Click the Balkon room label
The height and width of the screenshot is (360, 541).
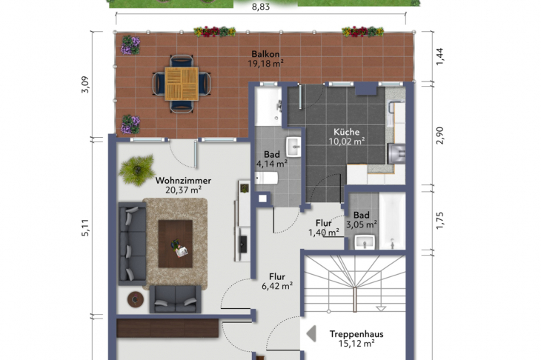click(265, 54)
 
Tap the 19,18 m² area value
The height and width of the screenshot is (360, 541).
click(265, 64)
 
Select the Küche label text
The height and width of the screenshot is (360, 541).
click(346, 132)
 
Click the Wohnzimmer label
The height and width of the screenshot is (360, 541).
click(183, 180)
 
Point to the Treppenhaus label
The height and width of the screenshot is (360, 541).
click(356, 334)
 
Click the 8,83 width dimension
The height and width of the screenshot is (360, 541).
click(261, 7)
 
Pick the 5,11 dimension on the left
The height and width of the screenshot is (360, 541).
click(85, 227)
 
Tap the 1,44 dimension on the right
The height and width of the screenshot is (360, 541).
click(440, 56)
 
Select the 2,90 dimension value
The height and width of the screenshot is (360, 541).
click(440, 136)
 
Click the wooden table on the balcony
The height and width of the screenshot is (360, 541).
click(182, 84)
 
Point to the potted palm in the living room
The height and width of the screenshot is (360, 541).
click(137, 170)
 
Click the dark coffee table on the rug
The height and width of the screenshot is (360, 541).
click(176, 244)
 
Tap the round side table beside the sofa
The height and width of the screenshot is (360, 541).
click(136, 299)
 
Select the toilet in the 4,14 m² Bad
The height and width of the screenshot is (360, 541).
click(266, 178)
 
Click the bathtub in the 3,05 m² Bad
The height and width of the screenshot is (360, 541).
click(392, 221)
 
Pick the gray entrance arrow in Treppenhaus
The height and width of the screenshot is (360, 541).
click(311, 333)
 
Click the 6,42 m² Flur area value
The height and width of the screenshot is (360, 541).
click(277, 286)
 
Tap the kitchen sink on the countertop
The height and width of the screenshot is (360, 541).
click(396, 153)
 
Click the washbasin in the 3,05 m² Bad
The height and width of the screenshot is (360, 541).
click(365, 241)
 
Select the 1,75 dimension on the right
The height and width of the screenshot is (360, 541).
click(440, 221)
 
